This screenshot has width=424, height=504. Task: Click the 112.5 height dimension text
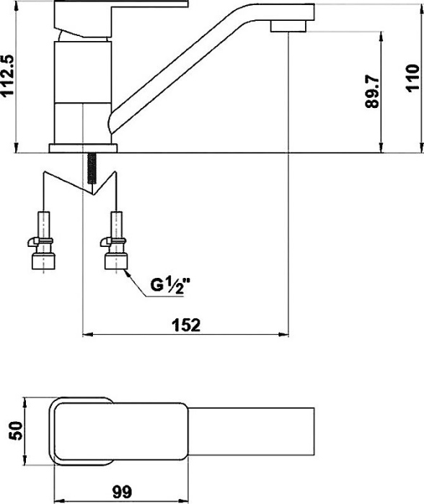(7, 75)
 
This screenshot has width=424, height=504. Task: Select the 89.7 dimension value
(373, 92)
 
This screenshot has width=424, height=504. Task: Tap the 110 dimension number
(412, 78)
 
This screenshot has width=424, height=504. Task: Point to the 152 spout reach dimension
(186, 325)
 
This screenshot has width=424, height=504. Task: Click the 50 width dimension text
(15, 431)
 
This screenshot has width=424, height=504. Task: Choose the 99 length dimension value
(123, 492)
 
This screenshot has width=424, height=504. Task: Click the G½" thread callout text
(171, 285)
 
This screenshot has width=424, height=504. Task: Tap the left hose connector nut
(44, 261)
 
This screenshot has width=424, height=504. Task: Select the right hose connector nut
(116, 261)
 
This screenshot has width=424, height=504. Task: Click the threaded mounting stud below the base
(92, 168)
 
